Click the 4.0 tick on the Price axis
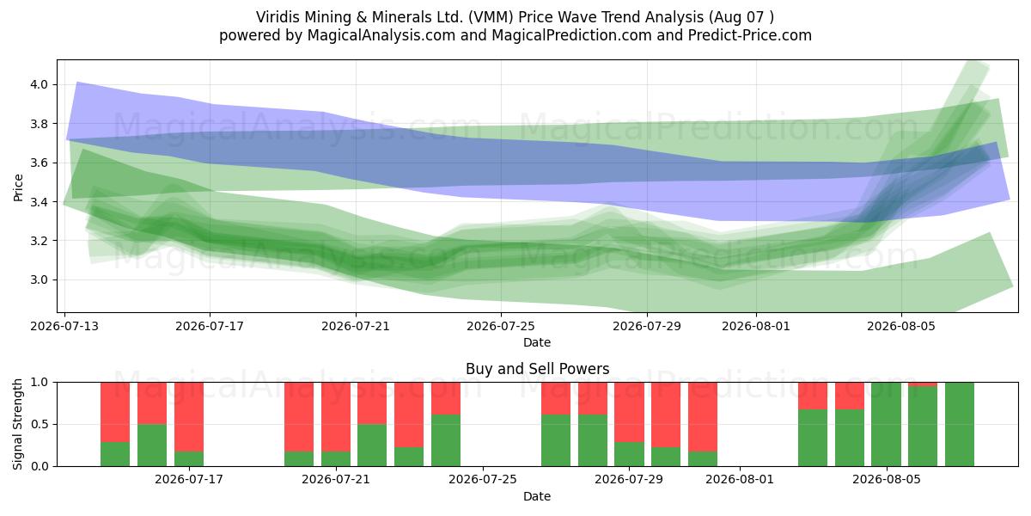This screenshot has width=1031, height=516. pyautogui.click(x=39, y=84)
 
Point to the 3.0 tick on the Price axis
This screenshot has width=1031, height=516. pyautogui.click(x=39, y=279)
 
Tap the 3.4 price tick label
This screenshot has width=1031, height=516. pyautogui.click(x=39, y=202)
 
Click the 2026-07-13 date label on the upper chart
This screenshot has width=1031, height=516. pyautogui.click(x=64, y=326)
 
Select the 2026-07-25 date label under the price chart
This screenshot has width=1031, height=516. pyautogui.click(x=501, y=326)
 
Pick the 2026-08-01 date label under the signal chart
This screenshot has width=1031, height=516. pyautogui.click(x=740, y=479)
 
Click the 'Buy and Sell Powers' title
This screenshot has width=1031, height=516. pyautogui.click(x=537, y=369)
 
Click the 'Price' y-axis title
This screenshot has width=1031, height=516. pyautogui.click(x=18, y=187)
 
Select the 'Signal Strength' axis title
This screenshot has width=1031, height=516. pyautogui.click(x=18, y=424)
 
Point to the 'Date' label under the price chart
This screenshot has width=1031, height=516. pyautogui.click(x=537, y=342)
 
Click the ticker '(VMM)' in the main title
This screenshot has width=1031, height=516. pyautogui.click(x=491, y=17)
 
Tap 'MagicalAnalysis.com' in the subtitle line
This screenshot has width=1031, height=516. pyautogui.click(x=381, y=35)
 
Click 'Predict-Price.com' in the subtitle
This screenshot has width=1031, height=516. pyautogui.click(x=750, y=35)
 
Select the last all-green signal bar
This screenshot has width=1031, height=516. pyautogui.click(x=960, y=424)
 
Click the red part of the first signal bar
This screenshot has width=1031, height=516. pyautogui.click(x=115, y=412)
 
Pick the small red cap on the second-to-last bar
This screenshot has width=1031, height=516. pyautogui.click(x=923, y=384)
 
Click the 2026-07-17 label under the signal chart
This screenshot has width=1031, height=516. pyautogui.click(x=189, y=479)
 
